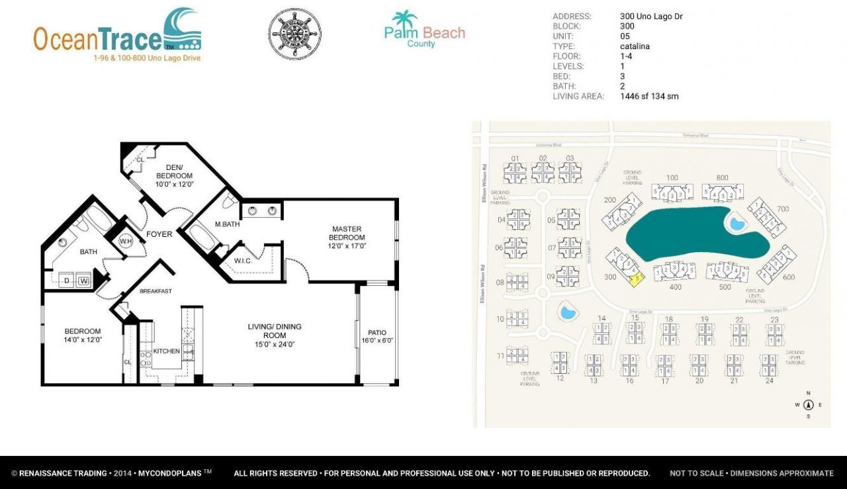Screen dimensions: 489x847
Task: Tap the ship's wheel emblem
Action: [x=295, y=32]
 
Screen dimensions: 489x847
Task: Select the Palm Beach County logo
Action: [x=424, y=30]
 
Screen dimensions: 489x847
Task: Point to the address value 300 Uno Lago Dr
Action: [x=650, y=17]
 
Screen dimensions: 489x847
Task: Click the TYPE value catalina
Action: [x=635, y=46]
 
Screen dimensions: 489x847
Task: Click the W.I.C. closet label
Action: [x=244, y=261]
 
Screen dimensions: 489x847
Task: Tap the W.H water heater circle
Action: [x=126, y=242]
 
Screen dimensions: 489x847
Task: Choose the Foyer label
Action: [x=159, y=234]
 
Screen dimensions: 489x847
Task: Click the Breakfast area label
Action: [x=156, y=291]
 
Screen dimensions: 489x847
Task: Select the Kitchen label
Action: [x=166, y=351]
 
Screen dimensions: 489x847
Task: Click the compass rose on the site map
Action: [x=808, y=405]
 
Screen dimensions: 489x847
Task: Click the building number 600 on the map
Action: [x=788, y=277]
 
